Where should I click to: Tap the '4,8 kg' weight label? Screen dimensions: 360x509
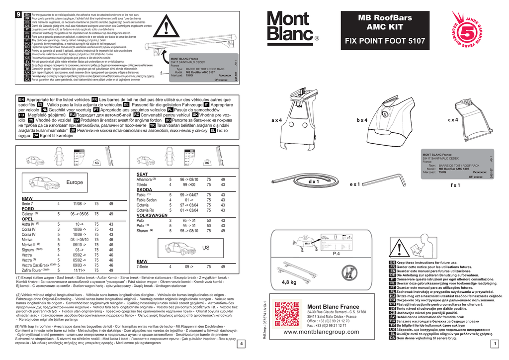289,282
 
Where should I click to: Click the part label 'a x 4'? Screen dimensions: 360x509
276,121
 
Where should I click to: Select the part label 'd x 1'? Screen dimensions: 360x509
314,182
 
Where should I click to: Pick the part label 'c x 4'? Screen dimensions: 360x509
453,120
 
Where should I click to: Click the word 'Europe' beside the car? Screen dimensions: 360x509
74,182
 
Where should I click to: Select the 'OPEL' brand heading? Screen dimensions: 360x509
27,219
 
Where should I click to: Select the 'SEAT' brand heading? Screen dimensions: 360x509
142,174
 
